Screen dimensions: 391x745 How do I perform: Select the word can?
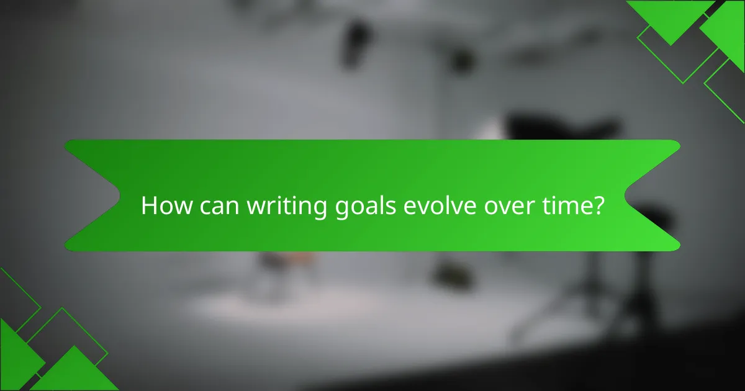pos(218,206)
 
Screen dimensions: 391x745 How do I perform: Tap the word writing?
pos(285,207)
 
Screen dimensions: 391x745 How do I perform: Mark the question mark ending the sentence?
pos(598,206)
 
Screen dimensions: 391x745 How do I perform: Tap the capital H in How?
pos(149,206)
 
